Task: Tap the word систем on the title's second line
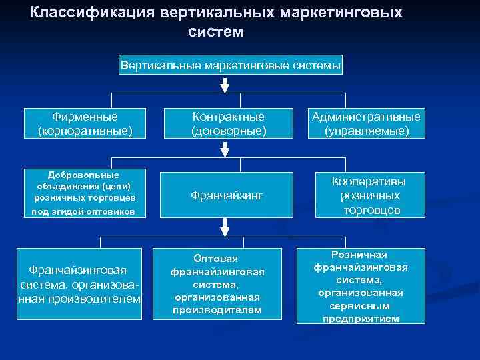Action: click(216, 31)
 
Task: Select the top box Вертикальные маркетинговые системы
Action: click(231, 66)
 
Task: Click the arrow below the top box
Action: click(225, 85)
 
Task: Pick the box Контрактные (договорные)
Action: click(228, 123)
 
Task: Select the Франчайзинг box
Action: click(228, 195)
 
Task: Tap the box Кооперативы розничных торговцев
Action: click(370, 195)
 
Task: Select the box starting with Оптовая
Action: click(217, 284)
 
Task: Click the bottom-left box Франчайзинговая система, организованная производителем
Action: click(79, 284)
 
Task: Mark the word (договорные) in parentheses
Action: click(228, 131)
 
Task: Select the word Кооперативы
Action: click(370, 181)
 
